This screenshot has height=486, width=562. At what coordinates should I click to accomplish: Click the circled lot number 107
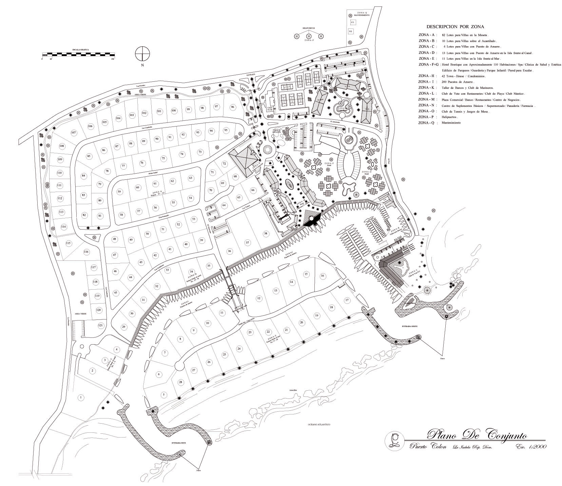point(74,132)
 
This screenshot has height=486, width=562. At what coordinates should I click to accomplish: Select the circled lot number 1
point(81,397)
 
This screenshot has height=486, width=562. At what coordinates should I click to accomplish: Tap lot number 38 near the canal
point(266,233)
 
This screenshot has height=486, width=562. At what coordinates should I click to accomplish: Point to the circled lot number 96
point(232,107)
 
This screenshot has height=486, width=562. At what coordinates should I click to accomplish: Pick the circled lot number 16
point(323,276)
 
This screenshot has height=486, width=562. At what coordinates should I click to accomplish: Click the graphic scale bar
point(78,55)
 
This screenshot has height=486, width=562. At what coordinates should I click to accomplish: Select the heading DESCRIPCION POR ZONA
point(455,26)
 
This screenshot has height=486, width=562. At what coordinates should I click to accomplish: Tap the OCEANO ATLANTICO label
point(319,424)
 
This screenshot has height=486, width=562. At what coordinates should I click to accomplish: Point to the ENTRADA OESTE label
point(410,326)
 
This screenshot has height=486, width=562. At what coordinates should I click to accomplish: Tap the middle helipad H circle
point(309,36)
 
